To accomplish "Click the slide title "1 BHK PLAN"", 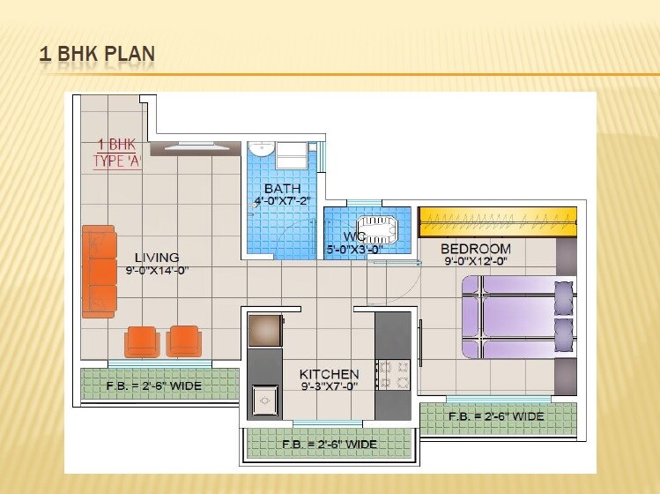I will (x=97, y=55).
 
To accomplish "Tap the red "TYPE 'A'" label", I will (x=118, y=161).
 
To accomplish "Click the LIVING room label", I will (x=157, y=258).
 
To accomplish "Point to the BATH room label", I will (x=282, y=189).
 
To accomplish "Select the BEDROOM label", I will (x=476, y=249).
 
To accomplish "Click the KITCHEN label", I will (x=329, y=374).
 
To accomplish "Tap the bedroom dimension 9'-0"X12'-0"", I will (x=476, y=261).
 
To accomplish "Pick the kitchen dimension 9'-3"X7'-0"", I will (x=329, y=386).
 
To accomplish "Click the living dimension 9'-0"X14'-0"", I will (x=157, y=270).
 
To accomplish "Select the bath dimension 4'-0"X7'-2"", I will (x=282, y=201).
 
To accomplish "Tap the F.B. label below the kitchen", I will (x=329, y=443).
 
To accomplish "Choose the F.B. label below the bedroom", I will (x=496, y=415).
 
